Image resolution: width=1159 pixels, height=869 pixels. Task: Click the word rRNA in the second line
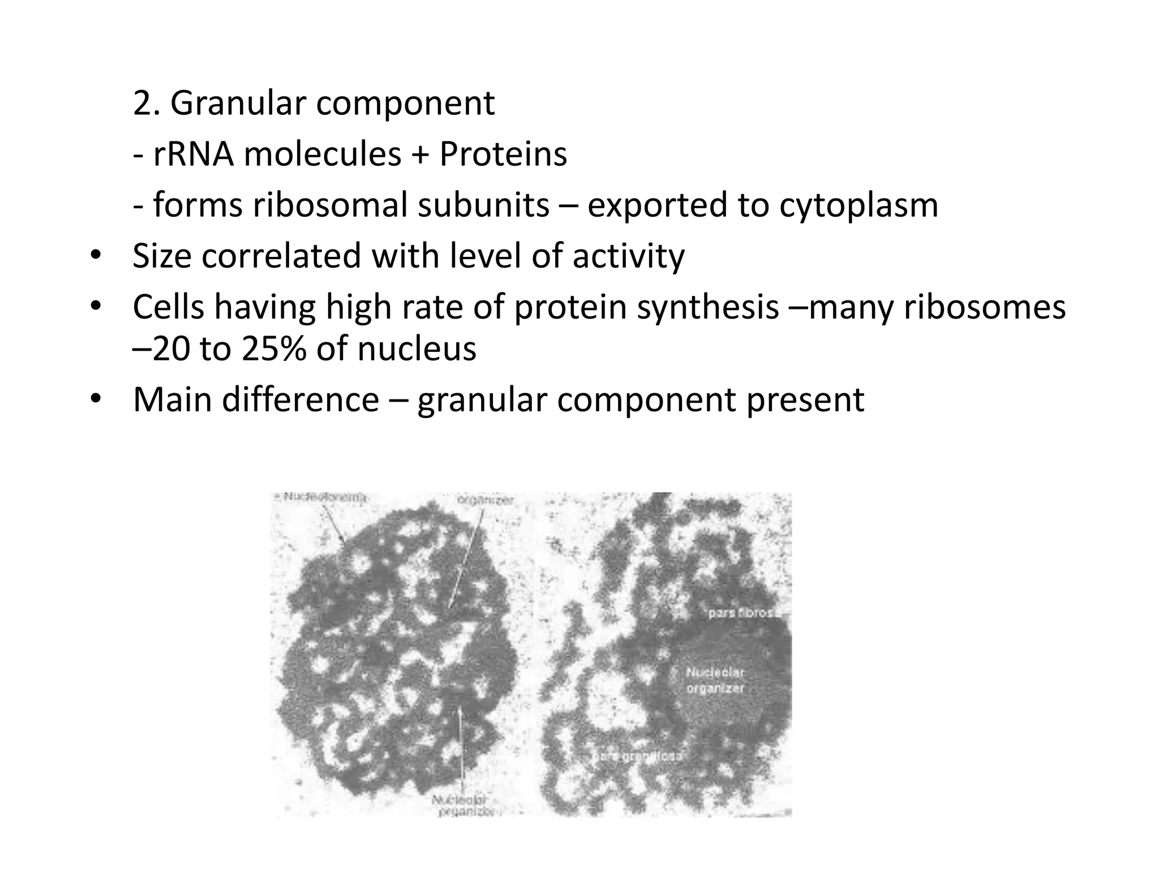[x=193, y=154]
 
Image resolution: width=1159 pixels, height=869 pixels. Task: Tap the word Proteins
[x=503, y=154]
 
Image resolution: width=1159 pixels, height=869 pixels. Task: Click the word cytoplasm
[x=858, y=206]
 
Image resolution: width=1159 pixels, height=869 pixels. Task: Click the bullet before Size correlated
[x=95, y=257]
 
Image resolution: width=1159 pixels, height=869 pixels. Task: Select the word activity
[x=628, y=256]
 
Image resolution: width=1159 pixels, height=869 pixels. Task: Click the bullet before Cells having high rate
[x=95, y=307]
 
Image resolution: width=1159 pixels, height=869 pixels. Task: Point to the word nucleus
[x=417, y=349]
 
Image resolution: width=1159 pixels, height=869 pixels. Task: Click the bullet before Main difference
[x=95, y=400]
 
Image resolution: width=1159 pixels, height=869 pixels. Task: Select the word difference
[x=300, y=400]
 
